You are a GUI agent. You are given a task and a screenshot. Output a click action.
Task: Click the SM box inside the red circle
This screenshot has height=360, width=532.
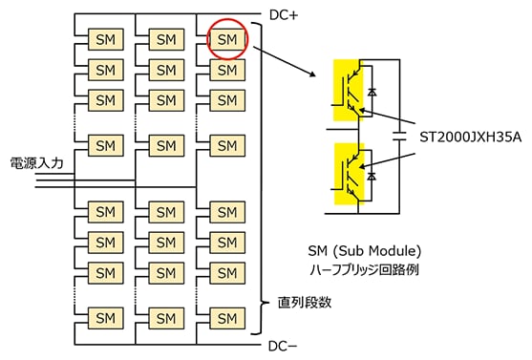point(226,39)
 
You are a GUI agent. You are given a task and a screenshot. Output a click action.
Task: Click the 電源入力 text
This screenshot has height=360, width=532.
point(36,163)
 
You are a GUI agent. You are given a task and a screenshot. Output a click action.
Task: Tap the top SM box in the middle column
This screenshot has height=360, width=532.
point(166,39)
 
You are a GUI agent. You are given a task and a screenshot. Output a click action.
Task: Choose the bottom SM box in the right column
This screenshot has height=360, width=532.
point(226,316)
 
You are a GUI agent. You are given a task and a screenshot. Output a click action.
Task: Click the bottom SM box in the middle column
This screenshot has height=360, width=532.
point(166,316)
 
